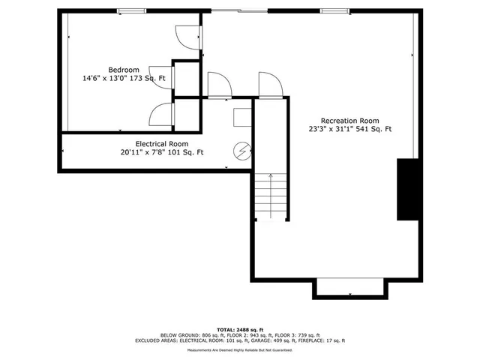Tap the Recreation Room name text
tap(349, 121)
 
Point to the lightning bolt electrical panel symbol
tap(241, 151)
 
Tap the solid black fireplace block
tap(407, 189)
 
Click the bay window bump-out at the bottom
tap(350, 288)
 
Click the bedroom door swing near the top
tap(185, 35)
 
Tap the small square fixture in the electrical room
tap(241, 118)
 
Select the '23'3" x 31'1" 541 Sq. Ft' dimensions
tap(349, 130)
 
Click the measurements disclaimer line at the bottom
tap(238, 350)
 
